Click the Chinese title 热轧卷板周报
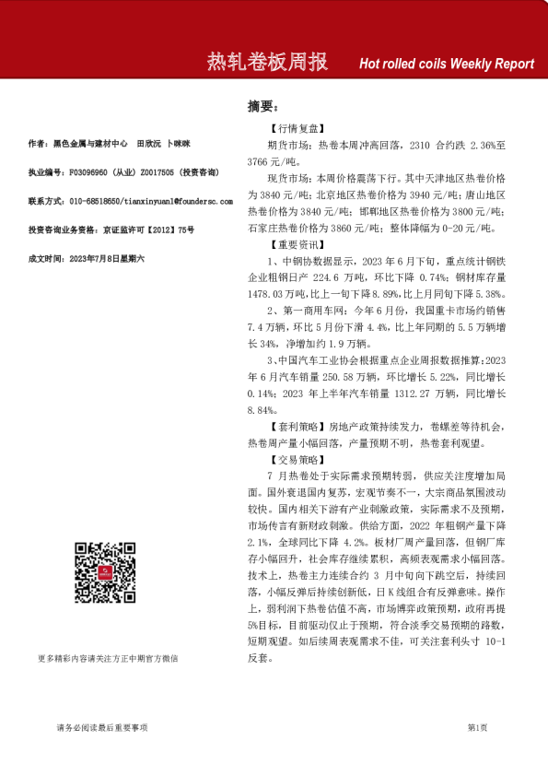point(267,63)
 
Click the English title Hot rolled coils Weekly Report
point(446,64)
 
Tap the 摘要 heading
point(262,106)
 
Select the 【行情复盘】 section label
point(296,130)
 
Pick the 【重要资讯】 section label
point(296,245)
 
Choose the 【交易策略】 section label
point(296,458)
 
